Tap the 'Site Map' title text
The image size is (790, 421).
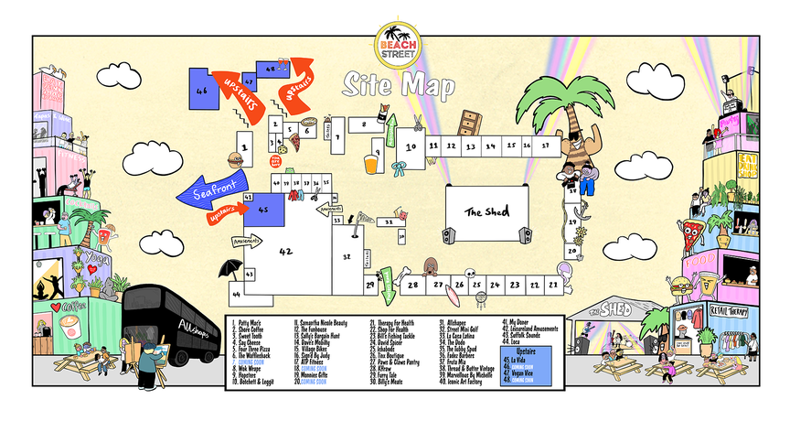coord(398,85)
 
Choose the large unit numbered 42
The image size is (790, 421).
coord(285,249)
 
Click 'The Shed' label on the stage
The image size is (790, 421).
coord(485,211)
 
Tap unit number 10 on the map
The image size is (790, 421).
coord(411,146)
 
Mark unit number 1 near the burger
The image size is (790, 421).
coord(244,146)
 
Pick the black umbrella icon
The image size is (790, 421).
coord(228,267)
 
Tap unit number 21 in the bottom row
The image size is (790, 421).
coord(554,286)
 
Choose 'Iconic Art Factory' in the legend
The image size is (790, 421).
coord(465,381)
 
